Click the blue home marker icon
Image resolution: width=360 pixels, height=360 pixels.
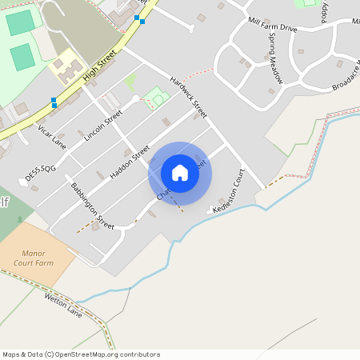pyautogui.click(x=180, y=173)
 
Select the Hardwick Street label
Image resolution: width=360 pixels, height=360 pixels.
pyautogui.click(x=189, y=97)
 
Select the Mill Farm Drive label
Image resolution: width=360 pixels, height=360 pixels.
pyautogui.click(x=273, y=27)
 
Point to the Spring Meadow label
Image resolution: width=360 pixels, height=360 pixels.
pyautogui.click(x=275, y=58)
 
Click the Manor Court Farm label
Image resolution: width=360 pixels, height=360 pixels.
pyautogui.click(x=34, y=256)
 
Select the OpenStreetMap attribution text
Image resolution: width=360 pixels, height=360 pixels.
pyautogui.click(x=81, y=354)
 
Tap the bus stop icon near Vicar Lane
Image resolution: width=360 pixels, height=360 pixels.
pyautogui.click(x=54, y=102)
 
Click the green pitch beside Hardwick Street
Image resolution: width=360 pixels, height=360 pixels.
pyautogui.click(x=157, y=99)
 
